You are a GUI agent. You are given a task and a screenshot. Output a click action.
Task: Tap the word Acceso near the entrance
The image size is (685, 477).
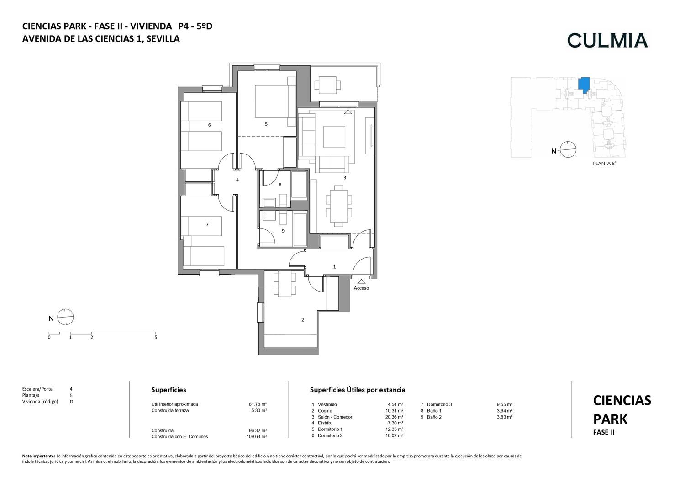(x=361, y=288)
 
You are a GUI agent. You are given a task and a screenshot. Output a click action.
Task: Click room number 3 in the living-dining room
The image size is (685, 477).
(x=345, y=178)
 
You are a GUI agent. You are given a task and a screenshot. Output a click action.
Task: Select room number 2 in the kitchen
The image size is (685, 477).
(x=302, y=320)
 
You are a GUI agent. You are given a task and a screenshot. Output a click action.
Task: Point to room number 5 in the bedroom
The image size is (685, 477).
(x=266, y=124)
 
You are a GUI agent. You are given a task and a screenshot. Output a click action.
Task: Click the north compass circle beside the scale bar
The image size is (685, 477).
(x=65, y=317)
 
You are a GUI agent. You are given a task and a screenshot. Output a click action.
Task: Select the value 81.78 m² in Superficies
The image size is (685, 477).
(x=258, y=404)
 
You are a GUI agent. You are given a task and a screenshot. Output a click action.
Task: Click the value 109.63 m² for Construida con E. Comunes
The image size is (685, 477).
(x=257, y=437)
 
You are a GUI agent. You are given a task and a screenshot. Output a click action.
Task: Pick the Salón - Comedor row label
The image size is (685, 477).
(x=335, y=417)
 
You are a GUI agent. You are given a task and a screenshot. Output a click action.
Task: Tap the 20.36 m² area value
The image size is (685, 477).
(x=394, y=417)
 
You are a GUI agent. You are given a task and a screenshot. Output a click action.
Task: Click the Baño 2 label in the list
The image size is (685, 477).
(x=434, y=417)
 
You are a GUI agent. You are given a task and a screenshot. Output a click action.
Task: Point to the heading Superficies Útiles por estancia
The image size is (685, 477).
(x=358, y=390)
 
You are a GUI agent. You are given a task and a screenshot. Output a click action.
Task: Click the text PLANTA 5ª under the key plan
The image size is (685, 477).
(x=604, y=164)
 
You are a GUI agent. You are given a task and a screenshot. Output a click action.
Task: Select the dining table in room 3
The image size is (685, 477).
(x=339, y=207)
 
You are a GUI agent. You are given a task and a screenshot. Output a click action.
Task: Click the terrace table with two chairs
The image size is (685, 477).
(x=328, y=85)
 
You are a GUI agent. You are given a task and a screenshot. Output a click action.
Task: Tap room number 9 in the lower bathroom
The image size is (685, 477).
(x=283, y=231)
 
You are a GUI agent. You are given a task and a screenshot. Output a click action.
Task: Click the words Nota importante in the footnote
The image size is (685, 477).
(x=39, y=456)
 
